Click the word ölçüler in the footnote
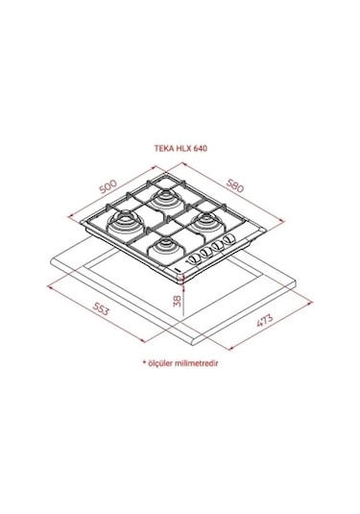[165, 364]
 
